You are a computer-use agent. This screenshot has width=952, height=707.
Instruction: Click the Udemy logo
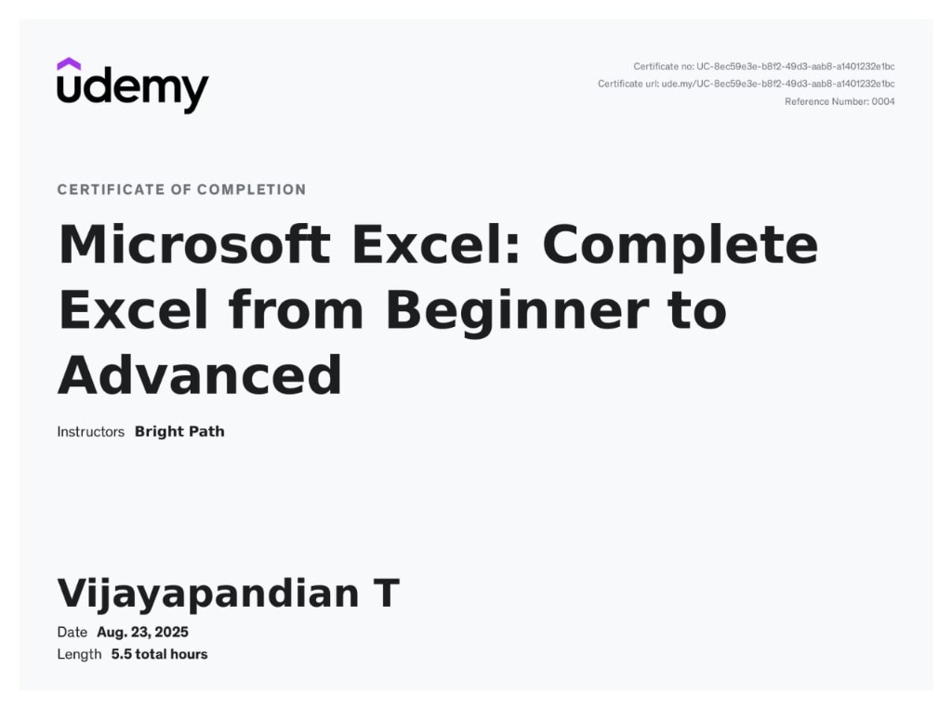(x=132, y=86)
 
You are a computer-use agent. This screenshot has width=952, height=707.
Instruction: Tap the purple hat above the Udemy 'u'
(x=69, y=64)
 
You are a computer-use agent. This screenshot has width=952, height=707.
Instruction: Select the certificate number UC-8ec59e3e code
(x=795, y=66)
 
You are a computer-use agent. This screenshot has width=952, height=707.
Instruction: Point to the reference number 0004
(x=882, y=101)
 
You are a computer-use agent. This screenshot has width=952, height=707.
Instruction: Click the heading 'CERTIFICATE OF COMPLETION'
(x=181, y=190)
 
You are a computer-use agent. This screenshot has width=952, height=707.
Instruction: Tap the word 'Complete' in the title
(x=680, y=245)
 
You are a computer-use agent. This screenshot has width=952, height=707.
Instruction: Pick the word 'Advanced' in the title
(x=200, y=375)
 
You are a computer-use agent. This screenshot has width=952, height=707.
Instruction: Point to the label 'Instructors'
(x=90, y=432)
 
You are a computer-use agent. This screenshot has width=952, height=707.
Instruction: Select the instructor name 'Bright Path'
(x=179, y=432)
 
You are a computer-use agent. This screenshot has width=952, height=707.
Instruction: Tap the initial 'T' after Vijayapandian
(x=386, y=594)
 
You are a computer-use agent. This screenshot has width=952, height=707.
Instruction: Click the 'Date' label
(x=72, y=633)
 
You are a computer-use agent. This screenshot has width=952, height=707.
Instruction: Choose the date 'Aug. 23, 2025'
(x=142, y=633)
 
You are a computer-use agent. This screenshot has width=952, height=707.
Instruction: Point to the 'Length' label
(x=79, y=654)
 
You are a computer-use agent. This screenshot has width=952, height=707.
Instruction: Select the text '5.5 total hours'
(x=159, y=654)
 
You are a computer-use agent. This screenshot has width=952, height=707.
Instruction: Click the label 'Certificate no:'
(x=663, y=66)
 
